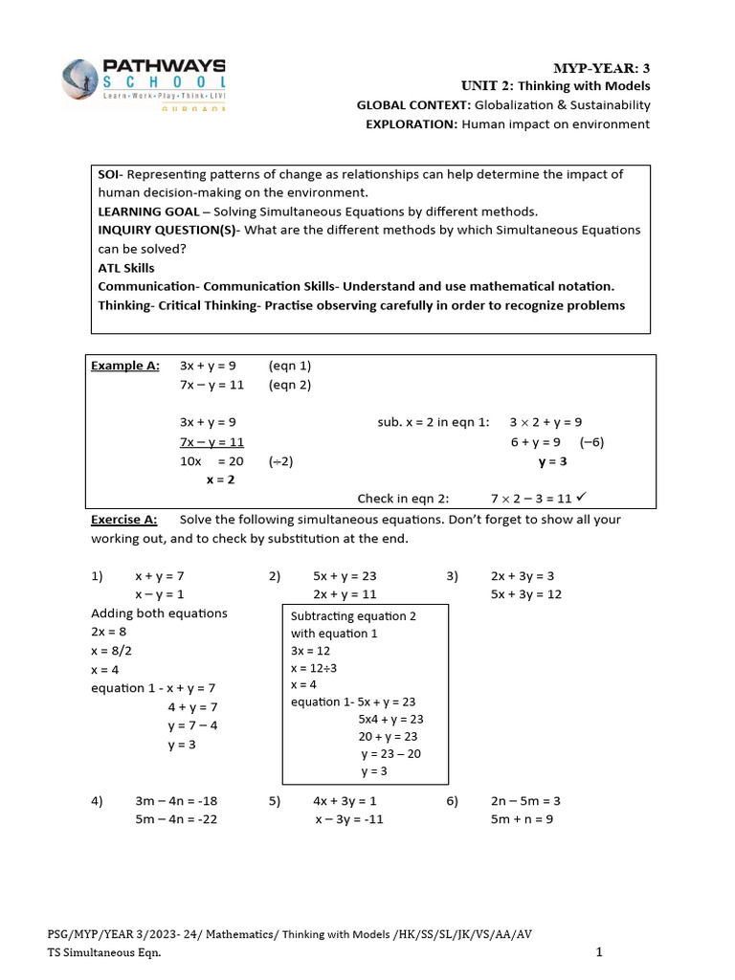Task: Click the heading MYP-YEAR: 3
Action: [601, 67]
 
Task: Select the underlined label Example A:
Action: [125, 366]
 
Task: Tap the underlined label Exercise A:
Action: [124, 520]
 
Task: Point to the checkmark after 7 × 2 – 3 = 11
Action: [582, 498]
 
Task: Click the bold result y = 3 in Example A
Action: [553, 461]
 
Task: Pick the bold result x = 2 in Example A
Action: [220, 479]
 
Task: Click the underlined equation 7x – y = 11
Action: [212, 442]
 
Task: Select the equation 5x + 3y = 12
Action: [525, 594]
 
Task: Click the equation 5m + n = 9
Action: [522, 819]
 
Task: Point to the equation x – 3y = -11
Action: [349, 819]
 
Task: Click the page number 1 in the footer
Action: [599, 952]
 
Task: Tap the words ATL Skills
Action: [126, 268]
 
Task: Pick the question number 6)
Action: [453, 801]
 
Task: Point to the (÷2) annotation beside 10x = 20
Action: [281, 461]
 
